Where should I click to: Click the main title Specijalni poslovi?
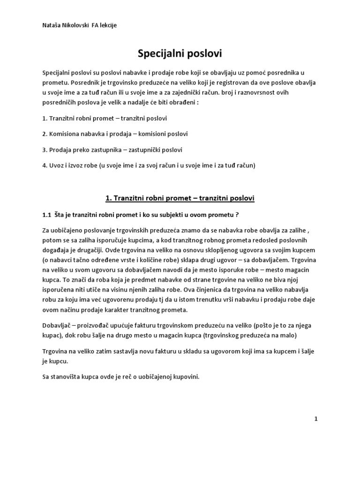tap(180, 54)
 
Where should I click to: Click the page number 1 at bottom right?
tap(316, 420)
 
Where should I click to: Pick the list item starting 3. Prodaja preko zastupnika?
tap(112, 150)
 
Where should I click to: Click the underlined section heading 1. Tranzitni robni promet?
tap(180, 198)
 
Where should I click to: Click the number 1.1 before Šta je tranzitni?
tap(46, 215)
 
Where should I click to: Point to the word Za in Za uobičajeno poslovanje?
tap(46, 231)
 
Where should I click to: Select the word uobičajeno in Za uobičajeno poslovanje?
tap(67, 231)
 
